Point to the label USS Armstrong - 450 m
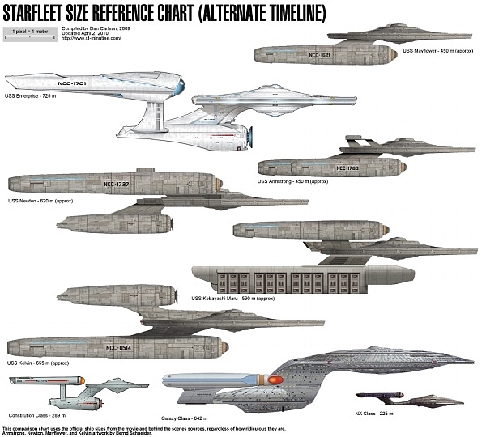pyautogui.click(x=292, y=181)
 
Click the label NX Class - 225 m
pyautogui.click(x=373, y=414)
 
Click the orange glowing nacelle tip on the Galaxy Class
pyautogui.click(x=271, y=380)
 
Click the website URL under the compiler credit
pyautogui.click(x=91, y=37)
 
